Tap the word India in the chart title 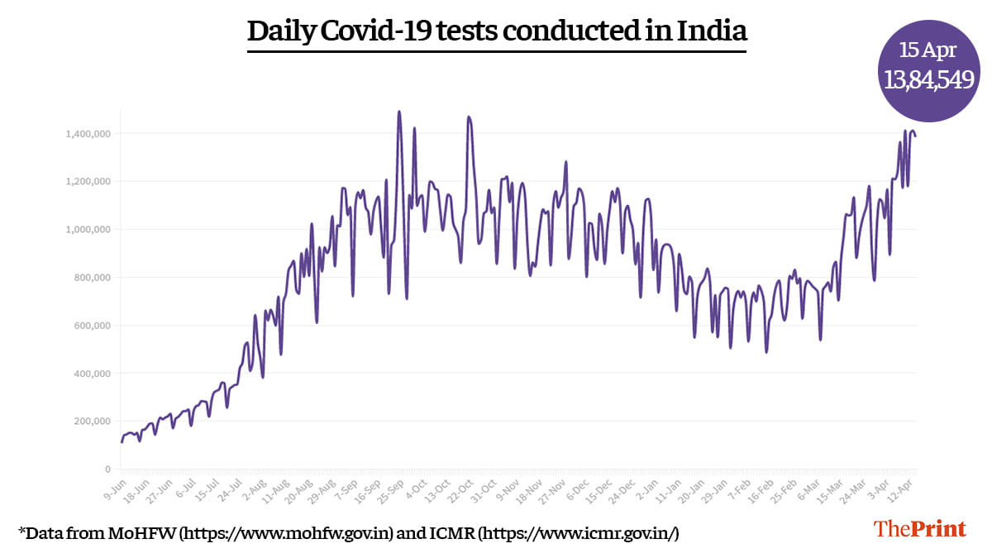(x=713, y=31)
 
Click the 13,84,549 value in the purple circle (x=928, y=80)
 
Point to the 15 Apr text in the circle (x=928, y=50)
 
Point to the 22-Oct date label (x=460, y=489)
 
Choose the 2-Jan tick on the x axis (x=649, y=488)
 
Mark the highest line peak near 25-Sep (x=399, y=112)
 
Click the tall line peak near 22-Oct (x=469, y=117)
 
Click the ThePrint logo (x=920, y=529)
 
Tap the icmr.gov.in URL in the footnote (x=579, y=534)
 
